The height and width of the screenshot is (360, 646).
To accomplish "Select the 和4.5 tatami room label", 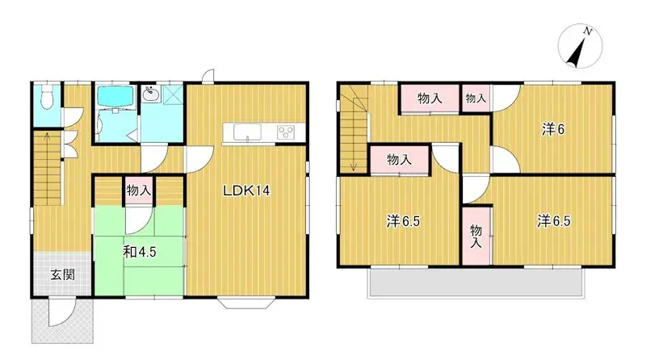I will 139,251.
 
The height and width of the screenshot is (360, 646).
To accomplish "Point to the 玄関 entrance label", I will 62,274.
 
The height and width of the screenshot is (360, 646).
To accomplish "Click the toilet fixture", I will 47,98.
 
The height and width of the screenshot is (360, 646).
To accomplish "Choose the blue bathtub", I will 114,98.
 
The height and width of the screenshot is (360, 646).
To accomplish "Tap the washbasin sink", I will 151,95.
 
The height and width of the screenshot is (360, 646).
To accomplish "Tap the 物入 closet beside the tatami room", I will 139,191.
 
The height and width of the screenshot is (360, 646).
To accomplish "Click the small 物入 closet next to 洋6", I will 476,98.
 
